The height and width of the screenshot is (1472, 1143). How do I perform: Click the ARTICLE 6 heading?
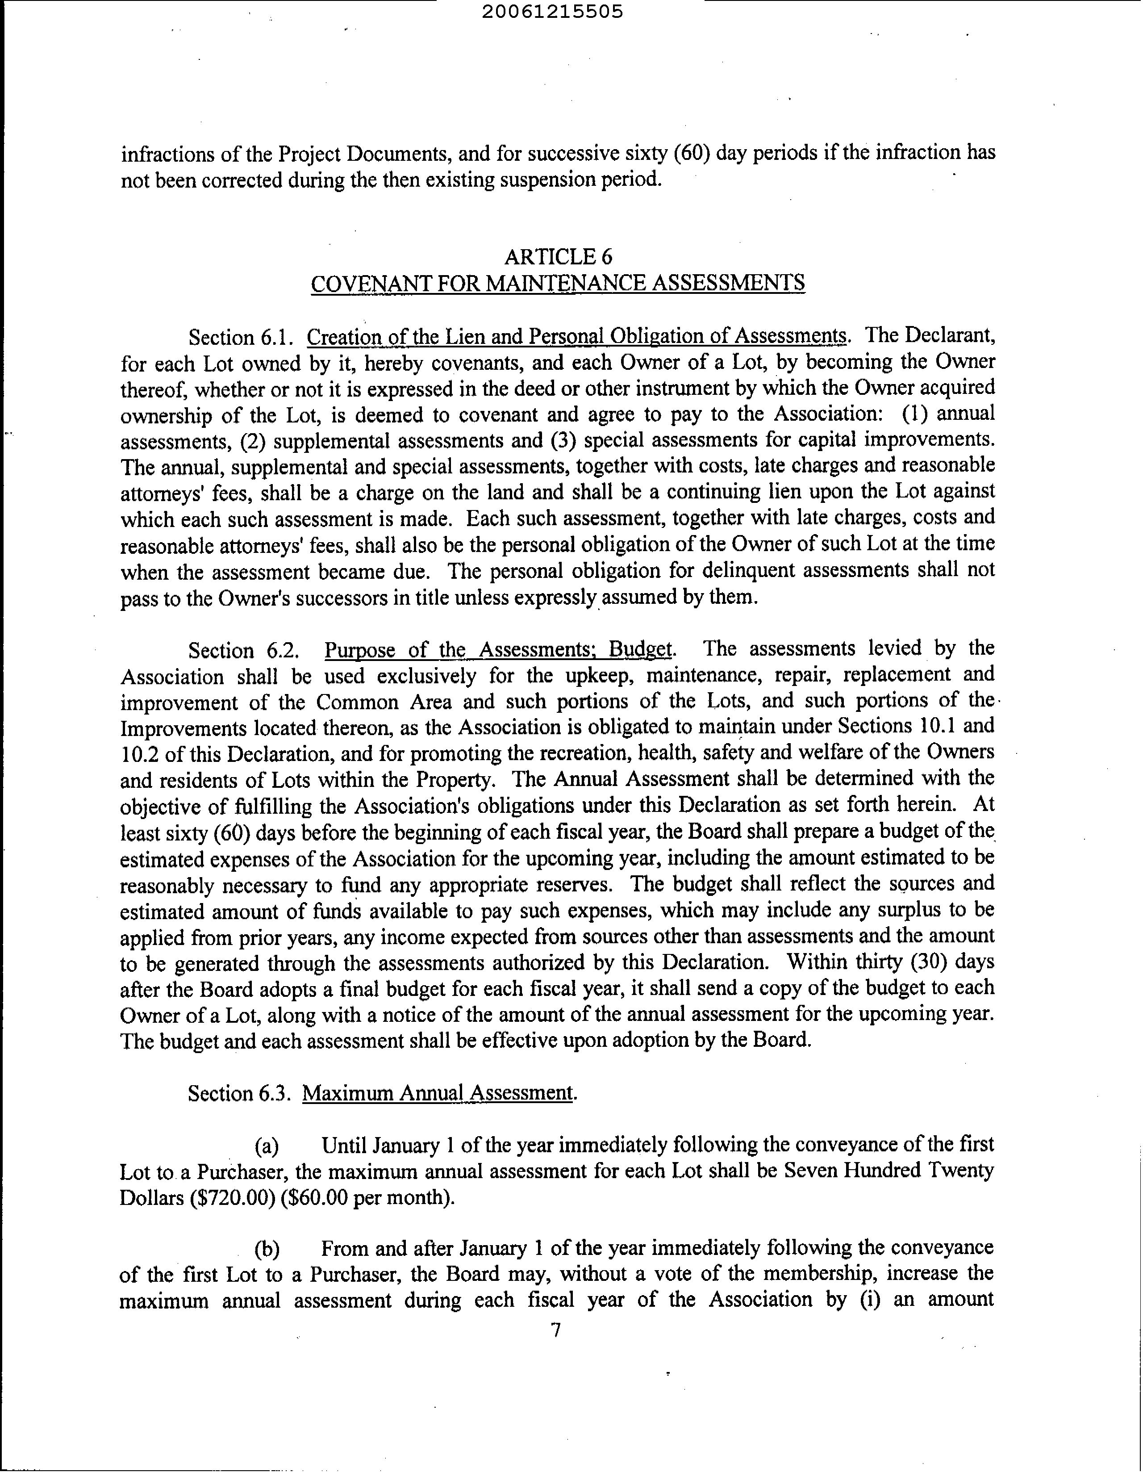point(558,257)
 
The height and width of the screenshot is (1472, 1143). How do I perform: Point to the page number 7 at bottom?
point(556,1330)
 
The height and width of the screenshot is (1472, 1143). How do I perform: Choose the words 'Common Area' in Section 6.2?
point(384,702)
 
